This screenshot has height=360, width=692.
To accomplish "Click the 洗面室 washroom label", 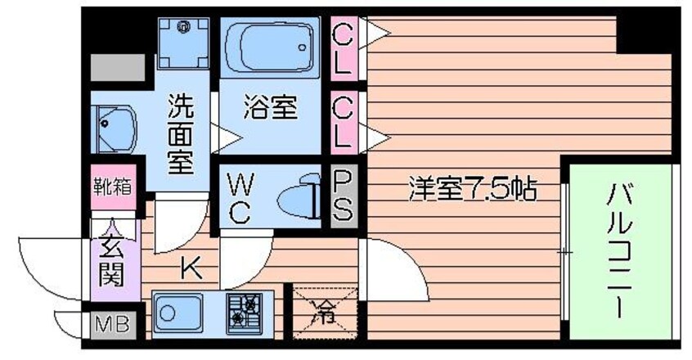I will click(x=181, y=133).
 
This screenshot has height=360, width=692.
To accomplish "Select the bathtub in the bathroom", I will click(x=269, y=47).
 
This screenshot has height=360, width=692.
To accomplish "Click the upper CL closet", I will click(x=342, y=49).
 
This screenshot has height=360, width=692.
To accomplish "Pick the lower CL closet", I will click(x=342, y=121).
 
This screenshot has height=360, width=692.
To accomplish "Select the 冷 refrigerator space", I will click(x=325, y=310).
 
